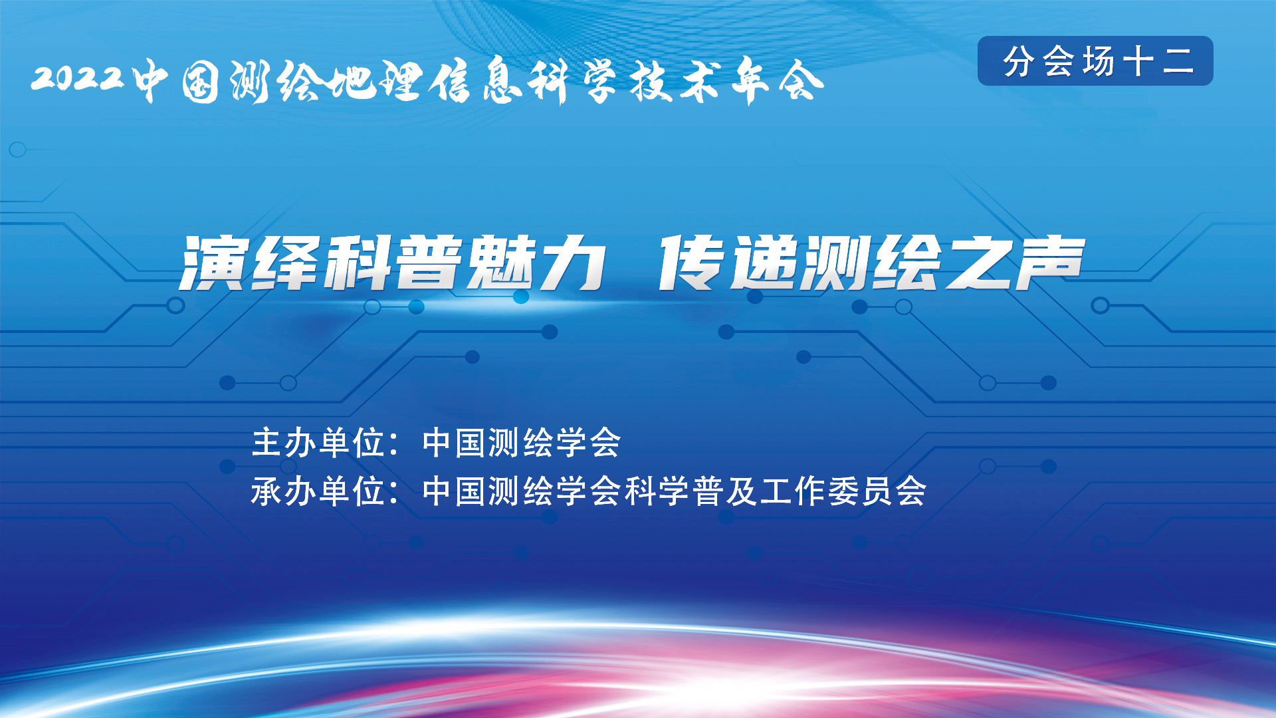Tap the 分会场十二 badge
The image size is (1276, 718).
coord(1095,61)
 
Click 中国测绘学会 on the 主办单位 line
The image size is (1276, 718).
coord(522,443)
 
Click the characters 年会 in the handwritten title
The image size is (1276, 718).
coord(778,81)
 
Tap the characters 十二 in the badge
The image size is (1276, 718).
coord(1158,61)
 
